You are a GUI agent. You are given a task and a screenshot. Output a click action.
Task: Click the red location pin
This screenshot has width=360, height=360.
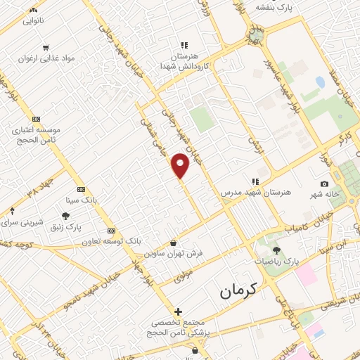(181, 165)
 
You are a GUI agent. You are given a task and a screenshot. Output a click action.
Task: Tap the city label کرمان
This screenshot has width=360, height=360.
(238, 289)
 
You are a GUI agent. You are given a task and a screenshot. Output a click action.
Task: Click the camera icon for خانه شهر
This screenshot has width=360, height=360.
(324, 184)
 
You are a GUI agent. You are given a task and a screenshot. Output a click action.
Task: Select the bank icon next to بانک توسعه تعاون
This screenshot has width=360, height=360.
(111, 230)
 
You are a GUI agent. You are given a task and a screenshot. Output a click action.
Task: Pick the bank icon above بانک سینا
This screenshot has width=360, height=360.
(81, 189)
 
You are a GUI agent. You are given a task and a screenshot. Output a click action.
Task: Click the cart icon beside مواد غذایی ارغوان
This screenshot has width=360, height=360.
(46, 48)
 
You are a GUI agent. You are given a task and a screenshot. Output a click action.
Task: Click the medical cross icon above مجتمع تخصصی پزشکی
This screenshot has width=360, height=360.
(179, 311)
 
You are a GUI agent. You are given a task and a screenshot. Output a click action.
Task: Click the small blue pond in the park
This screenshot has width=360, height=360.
(321, 82)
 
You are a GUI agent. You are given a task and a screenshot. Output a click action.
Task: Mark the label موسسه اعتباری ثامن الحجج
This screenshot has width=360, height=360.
(36, 134)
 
